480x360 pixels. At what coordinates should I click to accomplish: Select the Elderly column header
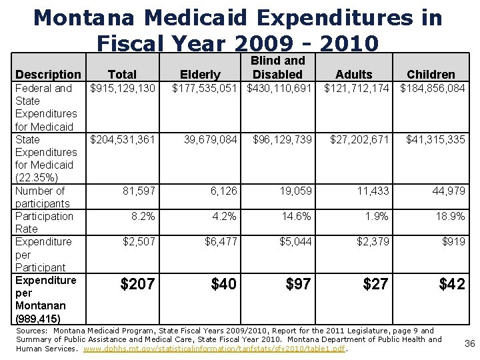pyautogui.click(x=201, y=75)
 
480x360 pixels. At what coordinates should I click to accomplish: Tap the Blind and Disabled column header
pyautogui.click(x=277, y=67)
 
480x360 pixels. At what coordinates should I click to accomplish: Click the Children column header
pyautogui.click(x=431, y=75)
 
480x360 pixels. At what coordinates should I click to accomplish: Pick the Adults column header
pyautogui.click(x=354, y=75)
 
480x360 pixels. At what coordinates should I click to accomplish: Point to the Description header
pyautogui.click(x=48, y=75)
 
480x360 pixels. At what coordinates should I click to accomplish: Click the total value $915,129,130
pyautogui.click(x=123, y=89)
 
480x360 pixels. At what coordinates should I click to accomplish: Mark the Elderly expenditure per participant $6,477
pyautogui.click(x=221, y=242)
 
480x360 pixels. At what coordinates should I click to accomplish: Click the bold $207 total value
pyautogui.click(x=137, y=285)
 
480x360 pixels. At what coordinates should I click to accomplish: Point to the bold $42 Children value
pyautogui.click(x=452, y=285)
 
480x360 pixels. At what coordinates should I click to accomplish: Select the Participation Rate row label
pyautogui.click(x=44, y=223)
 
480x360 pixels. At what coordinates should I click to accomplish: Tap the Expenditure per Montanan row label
pyautogui.click(x=45, y=299)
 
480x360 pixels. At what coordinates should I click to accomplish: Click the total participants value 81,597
pyautogui.click(x=139, y=191)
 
